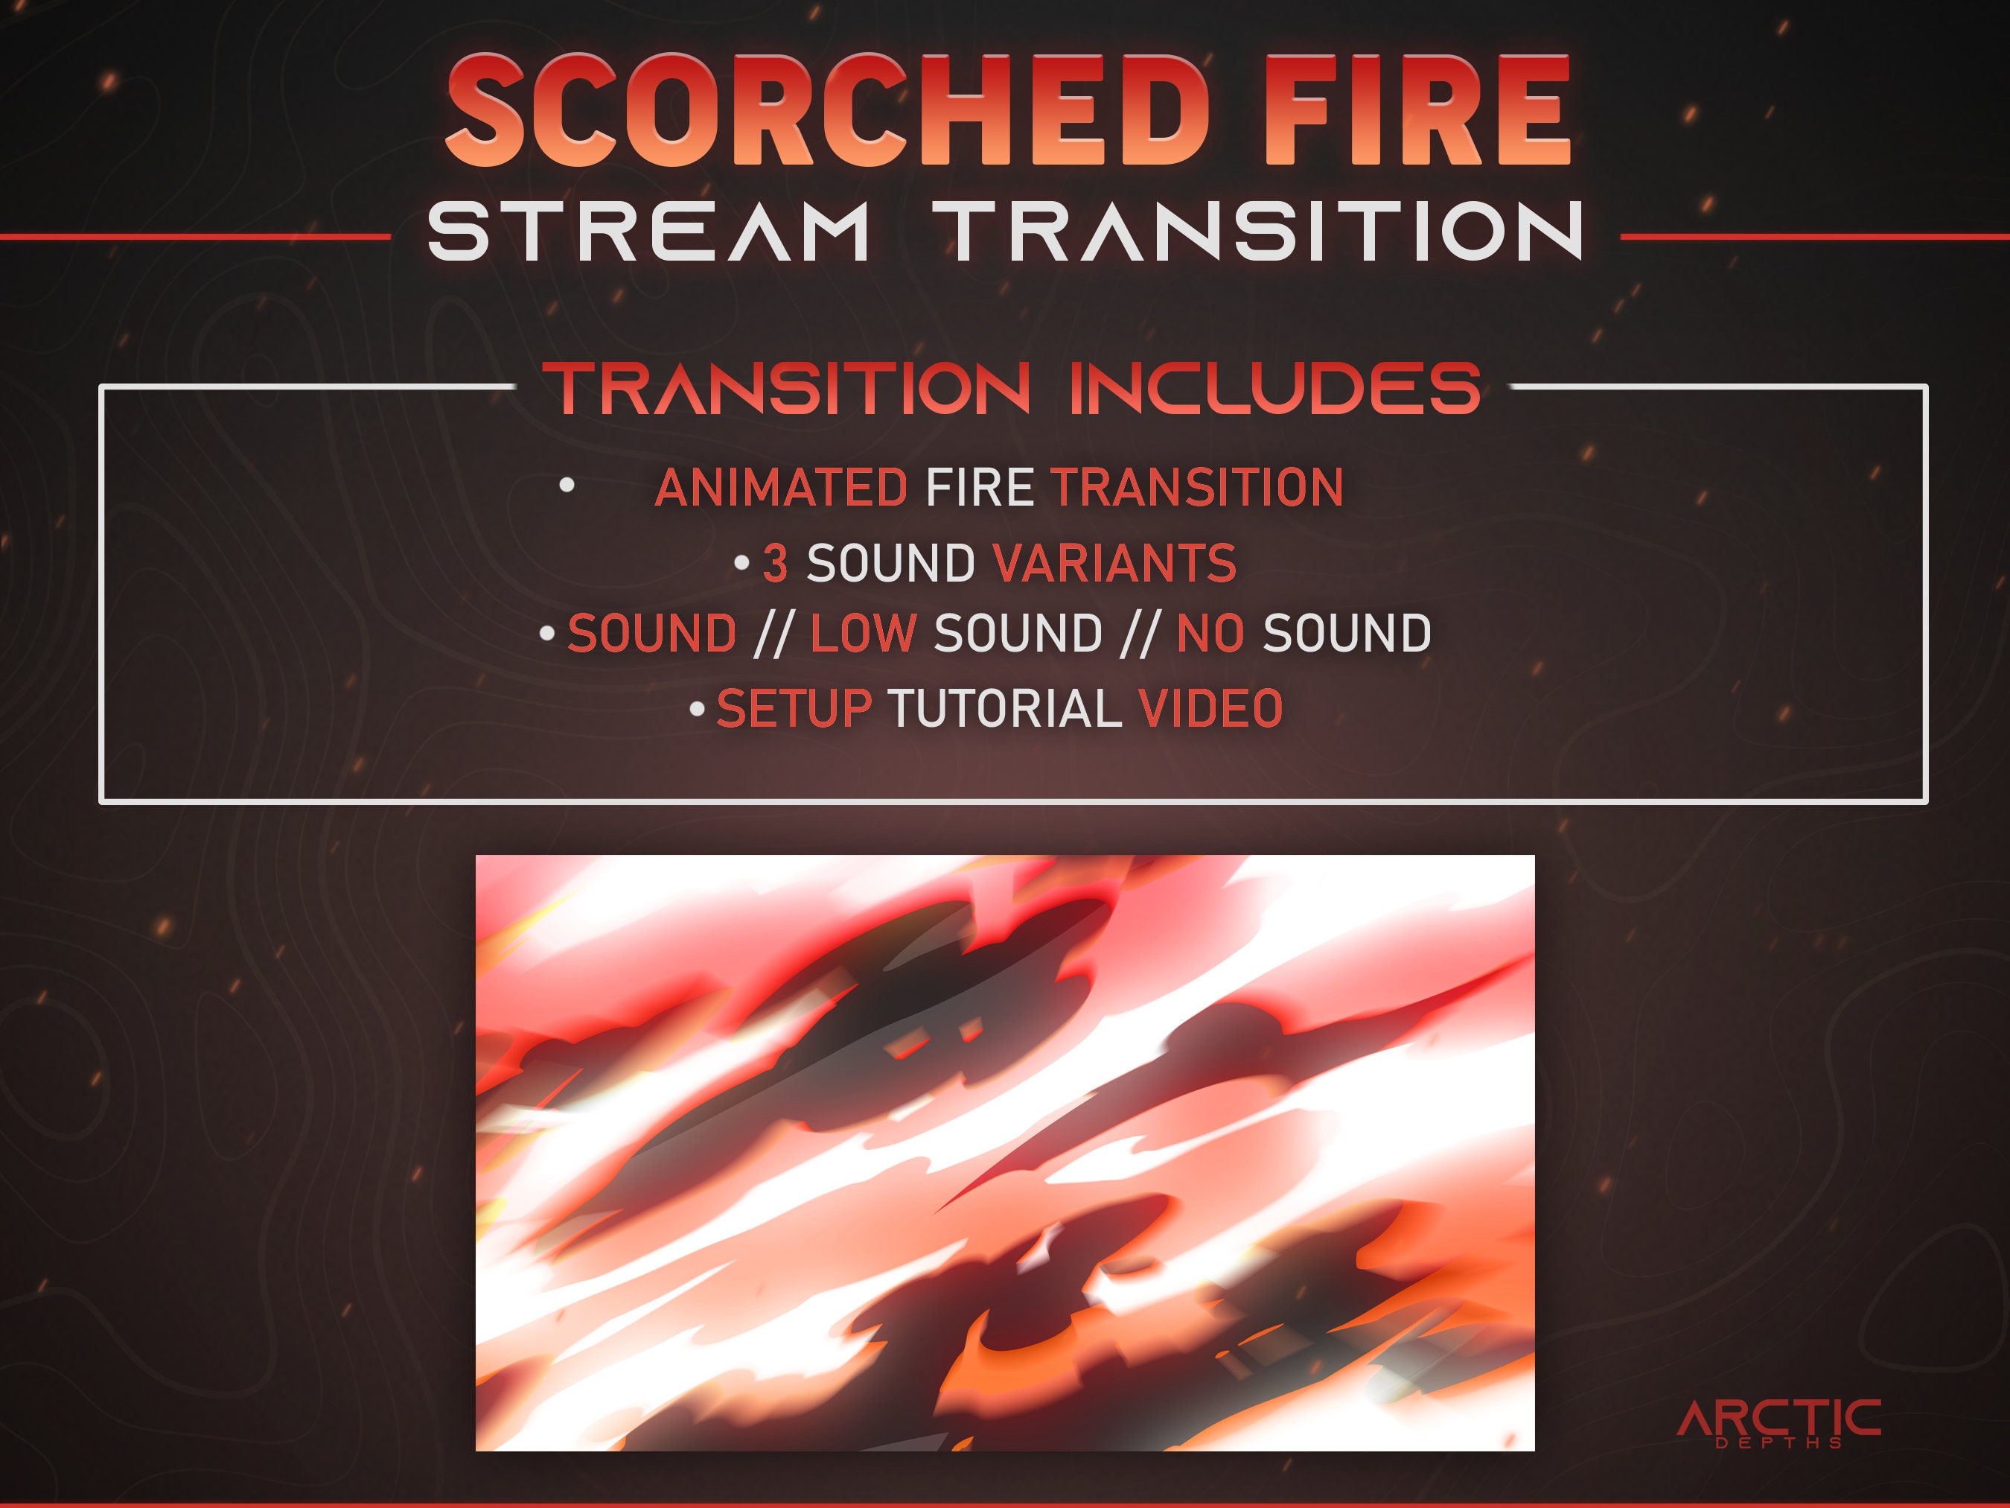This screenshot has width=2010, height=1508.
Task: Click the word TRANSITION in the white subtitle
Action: tap(1263, 232)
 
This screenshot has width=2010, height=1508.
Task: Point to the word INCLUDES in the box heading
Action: tap(1275, 388)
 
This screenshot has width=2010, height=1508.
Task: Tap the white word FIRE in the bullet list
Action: tap(979, 487)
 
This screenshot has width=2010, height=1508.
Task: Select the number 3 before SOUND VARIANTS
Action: tap(774, 563)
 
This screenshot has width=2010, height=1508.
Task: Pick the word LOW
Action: tap(862, 634)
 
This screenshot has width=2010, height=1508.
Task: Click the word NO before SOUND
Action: tap(1210, 634)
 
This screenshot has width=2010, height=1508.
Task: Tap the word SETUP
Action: tap(794, 708)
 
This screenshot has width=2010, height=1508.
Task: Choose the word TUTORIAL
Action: tap(1004, 708)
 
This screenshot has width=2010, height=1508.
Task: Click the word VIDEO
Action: tap(1210, 708)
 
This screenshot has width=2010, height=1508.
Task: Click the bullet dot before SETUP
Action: tap(697, 708)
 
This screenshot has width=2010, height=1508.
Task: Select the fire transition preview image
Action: tap(1005, 1153)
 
